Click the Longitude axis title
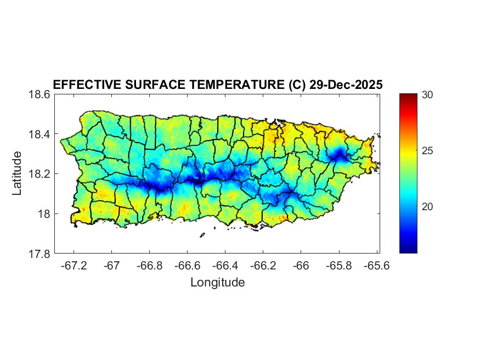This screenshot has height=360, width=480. click(217, 283)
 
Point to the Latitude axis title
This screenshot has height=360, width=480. click(17, 173)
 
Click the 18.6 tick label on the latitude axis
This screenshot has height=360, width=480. click(39, 94)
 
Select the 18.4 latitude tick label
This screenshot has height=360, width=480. click(39, 134)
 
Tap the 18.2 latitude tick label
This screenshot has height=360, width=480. click(39, 174)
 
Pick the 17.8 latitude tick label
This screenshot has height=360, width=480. click(39, 254)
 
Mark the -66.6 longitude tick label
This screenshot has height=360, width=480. click(187, 266)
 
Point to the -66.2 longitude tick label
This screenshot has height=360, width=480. click(263, 266)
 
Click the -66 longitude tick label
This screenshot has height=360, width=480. click(301, 266)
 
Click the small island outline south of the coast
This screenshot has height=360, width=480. click(202, 235)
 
